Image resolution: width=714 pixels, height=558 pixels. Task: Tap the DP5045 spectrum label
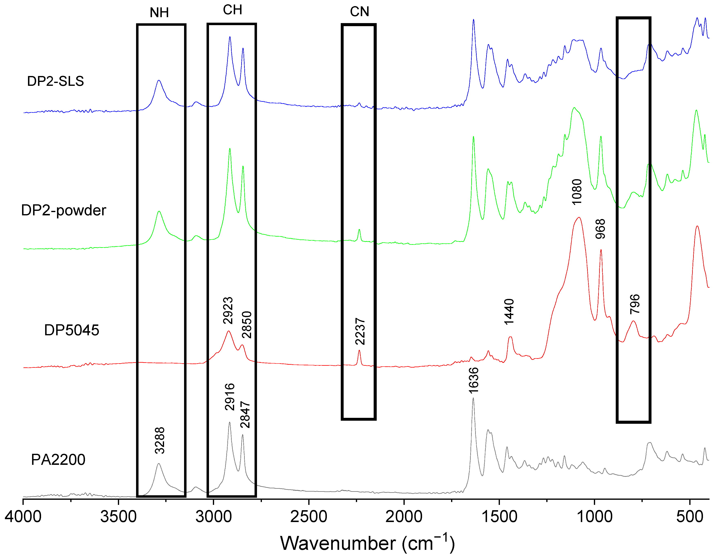[x=72, y=330]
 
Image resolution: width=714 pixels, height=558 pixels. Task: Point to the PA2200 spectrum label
[x=58, y=460]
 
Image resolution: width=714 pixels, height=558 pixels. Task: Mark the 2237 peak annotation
[x=360, y=331]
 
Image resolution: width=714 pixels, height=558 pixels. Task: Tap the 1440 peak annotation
[x=509, y=312]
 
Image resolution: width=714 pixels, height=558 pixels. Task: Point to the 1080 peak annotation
[x=577, y=192]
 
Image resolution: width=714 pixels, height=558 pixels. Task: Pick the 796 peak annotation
[x=635, y=304]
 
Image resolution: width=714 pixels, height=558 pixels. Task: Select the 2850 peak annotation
[x=247, y=325]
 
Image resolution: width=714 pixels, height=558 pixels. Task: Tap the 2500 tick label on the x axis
[x=309, y=517]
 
